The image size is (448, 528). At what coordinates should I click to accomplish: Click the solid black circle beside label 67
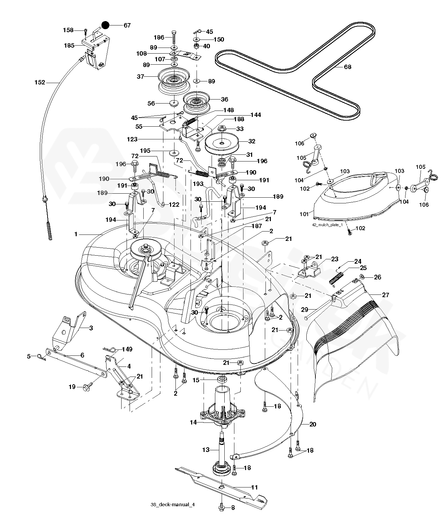click(106, 25)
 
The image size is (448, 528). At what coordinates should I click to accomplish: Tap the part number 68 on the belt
click(348, 67)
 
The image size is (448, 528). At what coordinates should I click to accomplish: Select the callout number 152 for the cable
click(40, 82)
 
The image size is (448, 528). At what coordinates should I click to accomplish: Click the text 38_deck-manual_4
click(172, 515)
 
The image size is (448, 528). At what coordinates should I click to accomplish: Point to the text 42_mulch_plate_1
click(327, 225)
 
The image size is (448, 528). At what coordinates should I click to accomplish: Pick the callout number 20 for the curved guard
click(312, 424)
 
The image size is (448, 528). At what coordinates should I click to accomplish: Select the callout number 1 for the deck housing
click(76, 235)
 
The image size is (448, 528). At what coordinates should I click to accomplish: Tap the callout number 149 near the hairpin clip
click(127, 349)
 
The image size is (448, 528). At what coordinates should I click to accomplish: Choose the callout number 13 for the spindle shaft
click(205, 450)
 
